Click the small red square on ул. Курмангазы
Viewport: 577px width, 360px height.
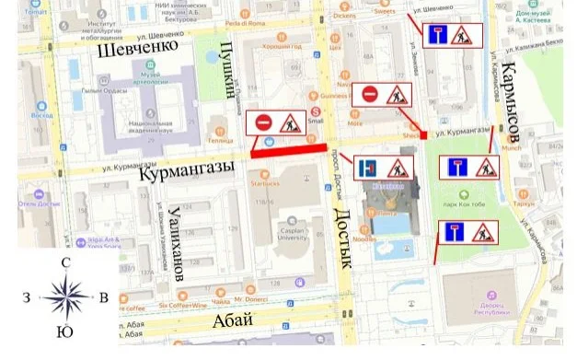pos(423,135)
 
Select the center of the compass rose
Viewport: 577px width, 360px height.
pos(63,297)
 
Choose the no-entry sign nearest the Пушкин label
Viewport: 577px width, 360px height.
pos(262,122)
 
